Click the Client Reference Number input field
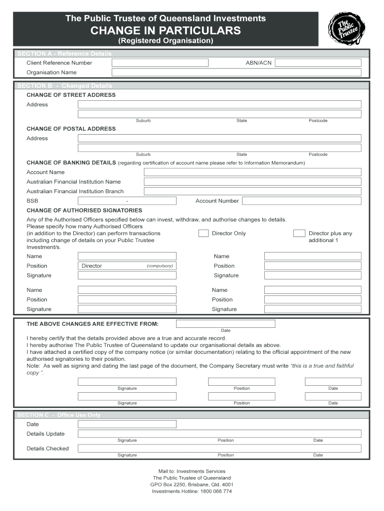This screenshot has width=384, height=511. click(x=160, y=63)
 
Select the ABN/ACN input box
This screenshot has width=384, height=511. click(x=318, y=63)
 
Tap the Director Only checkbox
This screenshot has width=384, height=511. click(x=203, y=233)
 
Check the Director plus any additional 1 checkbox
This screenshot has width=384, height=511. click(x=299, y=233)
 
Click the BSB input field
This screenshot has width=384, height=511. click(x=127, y=201)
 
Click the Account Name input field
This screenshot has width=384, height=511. click(x=252, y=172)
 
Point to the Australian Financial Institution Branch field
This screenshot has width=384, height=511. click(x=252, y=191)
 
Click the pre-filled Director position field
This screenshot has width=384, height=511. click(x=127, y=266)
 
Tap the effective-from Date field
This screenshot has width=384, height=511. click(x=225, y=324)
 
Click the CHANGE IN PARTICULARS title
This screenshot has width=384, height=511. click(x=166, y=30)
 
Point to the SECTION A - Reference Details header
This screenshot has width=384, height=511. click(x=65, y=53)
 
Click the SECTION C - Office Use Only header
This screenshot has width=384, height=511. click(x=59, y=415)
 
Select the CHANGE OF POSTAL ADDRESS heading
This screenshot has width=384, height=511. click(x=71, y=129)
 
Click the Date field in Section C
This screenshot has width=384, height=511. click(x=127, y=424)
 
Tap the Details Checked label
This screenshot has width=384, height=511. click(x=47, y=449)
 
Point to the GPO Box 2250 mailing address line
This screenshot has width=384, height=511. click(x=192, y=485)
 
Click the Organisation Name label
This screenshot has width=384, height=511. click(x=51, y=72)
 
